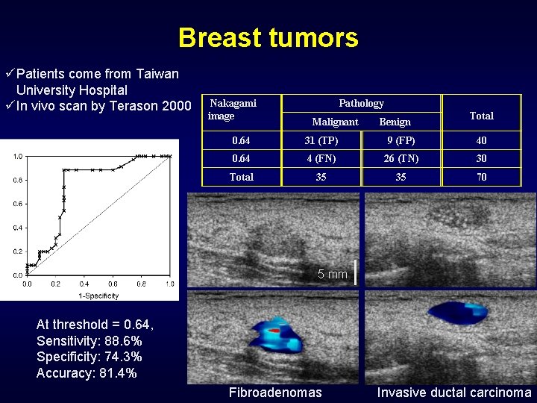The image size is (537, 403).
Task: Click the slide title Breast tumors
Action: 268,37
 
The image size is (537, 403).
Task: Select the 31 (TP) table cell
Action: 321,140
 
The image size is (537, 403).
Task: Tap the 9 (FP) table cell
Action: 401,140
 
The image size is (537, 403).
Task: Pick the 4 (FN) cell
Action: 321,159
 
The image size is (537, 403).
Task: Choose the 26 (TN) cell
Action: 401,159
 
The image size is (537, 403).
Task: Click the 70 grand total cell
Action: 481,178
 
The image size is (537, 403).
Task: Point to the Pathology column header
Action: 361,104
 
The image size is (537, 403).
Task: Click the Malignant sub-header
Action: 335,122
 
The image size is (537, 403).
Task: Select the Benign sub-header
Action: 395,122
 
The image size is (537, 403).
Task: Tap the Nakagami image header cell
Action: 232,110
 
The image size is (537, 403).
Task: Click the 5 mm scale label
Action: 333,275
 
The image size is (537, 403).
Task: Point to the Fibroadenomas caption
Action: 275,393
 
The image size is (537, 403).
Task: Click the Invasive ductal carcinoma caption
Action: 453,393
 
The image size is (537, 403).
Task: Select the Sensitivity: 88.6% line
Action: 89,340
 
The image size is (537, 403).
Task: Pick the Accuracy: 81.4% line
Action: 86,373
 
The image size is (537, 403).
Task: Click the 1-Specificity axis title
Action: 98,296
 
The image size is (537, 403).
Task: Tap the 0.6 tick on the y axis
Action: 16,204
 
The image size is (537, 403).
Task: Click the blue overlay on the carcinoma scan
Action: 458,314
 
